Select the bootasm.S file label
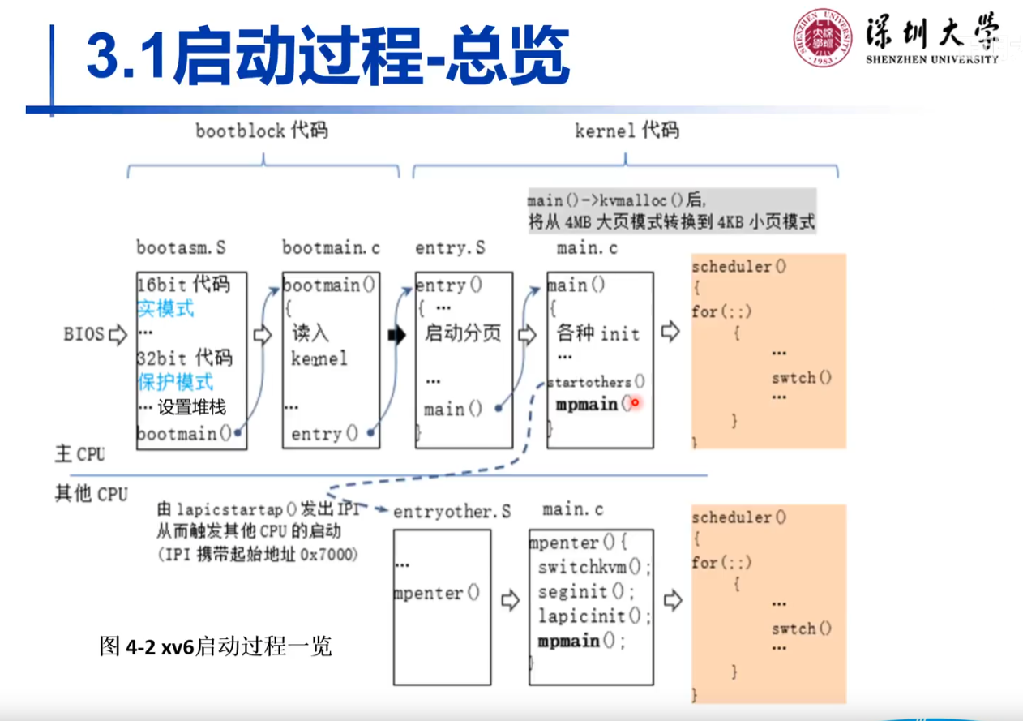[182, 247]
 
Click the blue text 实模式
[165, 309]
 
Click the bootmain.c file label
[331, 247]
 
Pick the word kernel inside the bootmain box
[319, 358]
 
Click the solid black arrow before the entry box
[396, 334]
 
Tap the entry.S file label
[450, 247]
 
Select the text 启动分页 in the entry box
[463, 333]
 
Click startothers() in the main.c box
[596, 381]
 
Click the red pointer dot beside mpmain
[636, 402]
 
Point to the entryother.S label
[452, 512]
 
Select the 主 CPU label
[79, 453]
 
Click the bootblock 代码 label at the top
[262, 131]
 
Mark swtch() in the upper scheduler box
[801, 377]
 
